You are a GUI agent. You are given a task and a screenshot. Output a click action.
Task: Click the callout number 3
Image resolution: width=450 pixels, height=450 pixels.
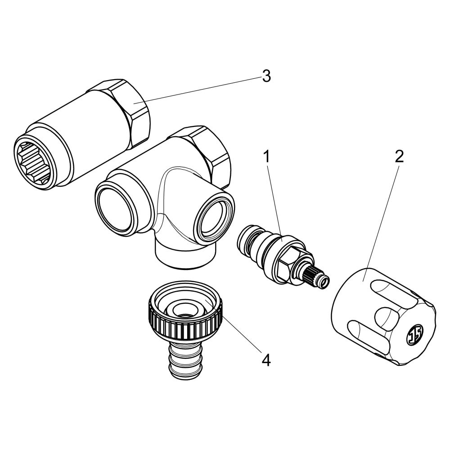click(266, 76)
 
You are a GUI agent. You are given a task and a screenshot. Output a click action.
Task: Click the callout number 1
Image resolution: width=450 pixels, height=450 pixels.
click(267, 157)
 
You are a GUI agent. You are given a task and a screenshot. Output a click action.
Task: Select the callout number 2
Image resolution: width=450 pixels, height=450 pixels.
click(399, 157)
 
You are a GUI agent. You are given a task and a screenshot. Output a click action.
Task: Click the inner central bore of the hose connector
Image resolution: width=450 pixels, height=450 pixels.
click(184, 310)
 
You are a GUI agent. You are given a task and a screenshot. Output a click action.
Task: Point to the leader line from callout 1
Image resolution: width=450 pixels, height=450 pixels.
click(274, 201)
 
